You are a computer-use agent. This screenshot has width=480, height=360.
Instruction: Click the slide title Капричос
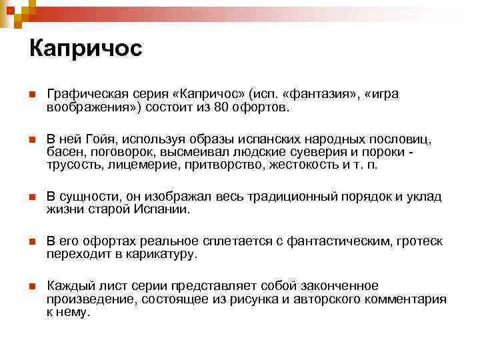[x=86, y=49]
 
